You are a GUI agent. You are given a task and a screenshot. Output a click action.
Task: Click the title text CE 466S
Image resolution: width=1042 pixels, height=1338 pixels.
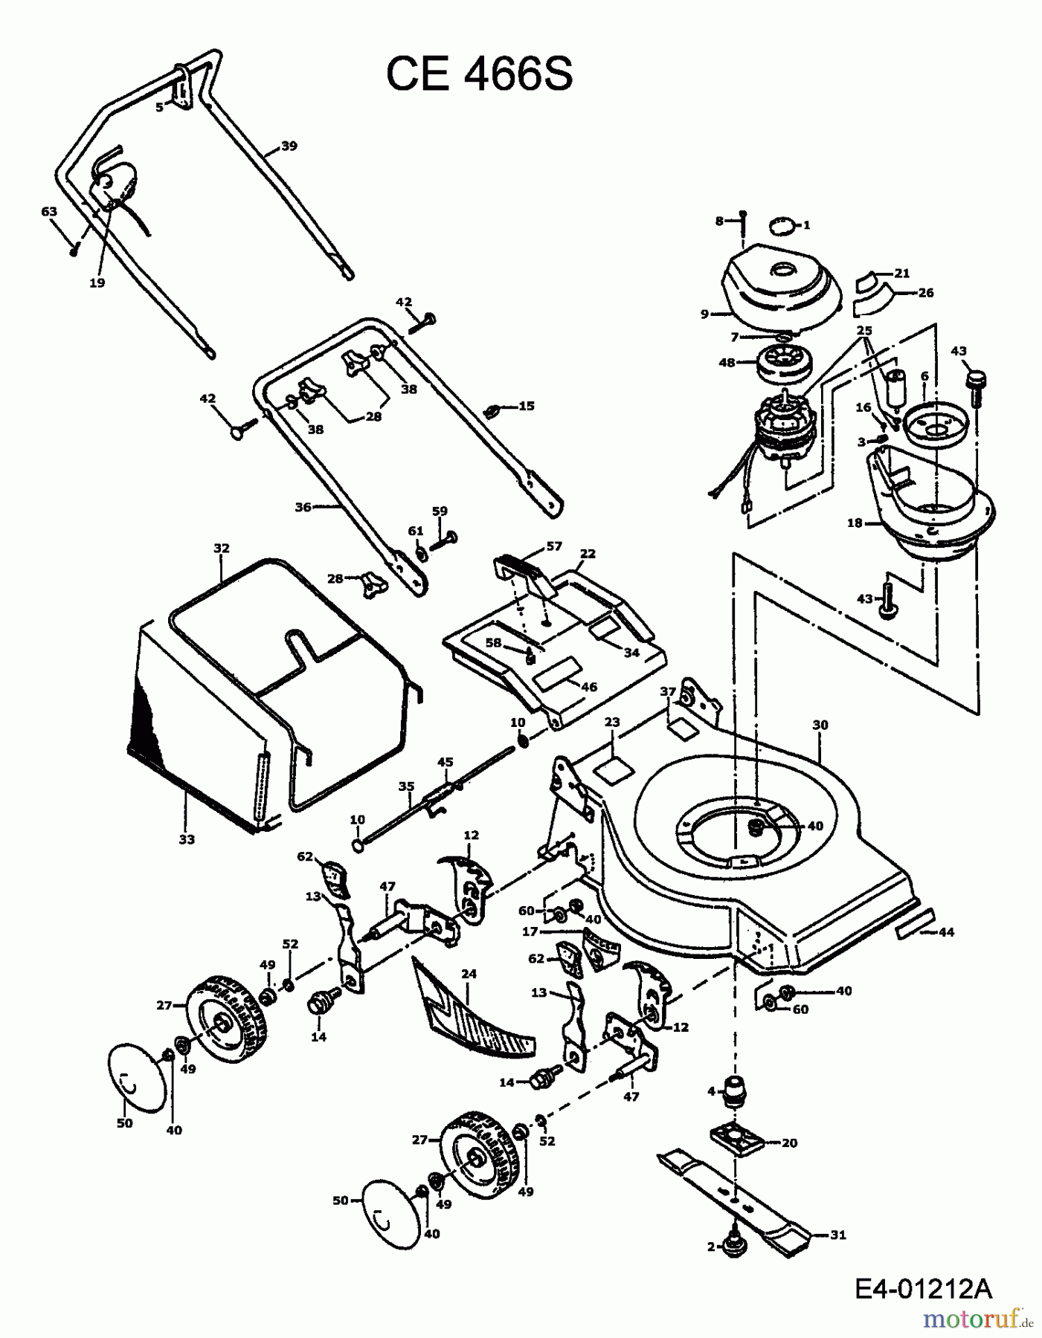click(x=479, y=75)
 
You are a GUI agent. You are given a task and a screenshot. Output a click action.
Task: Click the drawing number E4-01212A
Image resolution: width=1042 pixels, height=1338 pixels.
click(x=922, y=1287)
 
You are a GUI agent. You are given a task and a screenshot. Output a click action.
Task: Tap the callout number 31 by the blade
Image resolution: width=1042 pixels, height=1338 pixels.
click(x=837, y=1235)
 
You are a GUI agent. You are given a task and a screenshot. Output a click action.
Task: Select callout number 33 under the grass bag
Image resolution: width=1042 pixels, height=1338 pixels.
click(x=186, y=839)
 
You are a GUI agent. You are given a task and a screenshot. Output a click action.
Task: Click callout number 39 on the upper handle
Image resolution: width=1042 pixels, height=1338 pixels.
click(x=289, y=146)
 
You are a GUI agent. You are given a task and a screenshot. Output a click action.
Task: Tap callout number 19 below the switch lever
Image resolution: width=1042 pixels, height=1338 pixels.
click(x=97, y=282)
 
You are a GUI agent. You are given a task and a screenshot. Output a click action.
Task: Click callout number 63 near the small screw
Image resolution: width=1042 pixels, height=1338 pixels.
click(x=48, y=212)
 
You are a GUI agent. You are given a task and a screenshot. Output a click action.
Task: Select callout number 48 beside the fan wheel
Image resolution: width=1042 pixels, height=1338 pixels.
click(x=727, y=363)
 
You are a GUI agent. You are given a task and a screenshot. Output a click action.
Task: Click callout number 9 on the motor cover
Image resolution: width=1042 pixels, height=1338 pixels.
click(x=705, y=314)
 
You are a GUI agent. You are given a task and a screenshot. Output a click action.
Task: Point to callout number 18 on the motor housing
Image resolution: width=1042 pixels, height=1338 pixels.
click(x=854, y=523)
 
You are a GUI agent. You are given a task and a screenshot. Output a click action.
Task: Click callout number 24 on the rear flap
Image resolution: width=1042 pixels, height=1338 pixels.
click(x=469, y=974)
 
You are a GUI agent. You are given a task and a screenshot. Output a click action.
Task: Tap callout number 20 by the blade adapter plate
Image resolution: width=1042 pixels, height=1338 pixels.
click(x=789, y=1143)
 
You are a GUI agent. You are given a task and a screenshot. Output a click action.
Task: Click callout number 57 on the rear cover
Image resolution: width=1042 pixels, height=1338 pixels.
click(x=554, y=546)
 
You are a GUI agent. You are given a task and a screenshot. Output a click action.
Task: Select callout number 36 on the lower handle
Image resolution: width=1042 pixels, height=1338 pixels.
click(x=303, y=507)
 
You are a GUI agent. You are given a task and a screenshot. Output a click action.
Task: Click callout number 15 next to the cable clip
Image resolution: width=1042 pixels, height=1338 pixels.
click(x=527, y=406)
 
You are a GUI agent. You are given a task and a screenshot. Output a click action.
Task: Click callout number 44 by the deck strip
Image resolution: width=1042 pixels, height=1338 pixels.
click(x=946, y=932)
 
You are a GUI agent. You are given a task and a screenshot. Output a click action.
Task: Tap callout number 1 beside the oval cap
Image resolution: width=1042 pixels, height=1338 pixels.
click(x=807, y=224)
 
